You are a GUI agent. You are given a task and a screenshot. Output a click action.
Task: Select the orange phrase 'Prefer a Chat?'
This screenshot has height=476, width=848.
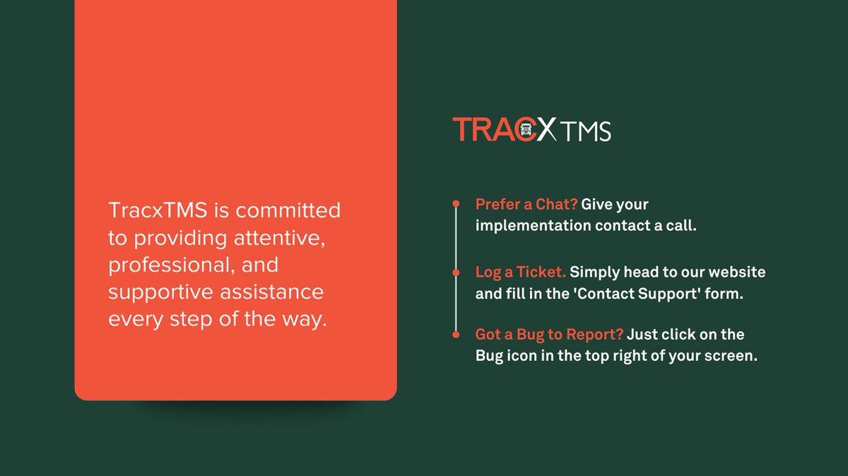(x=526, y=205)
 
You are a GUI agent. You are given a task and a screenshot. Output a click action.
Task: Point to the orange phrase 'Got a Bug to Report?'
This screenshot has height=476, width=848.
(x=549, y=335)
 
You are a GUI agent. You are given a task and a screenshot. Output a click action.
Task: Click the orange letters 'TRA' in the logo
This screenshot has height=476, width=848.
(x=483, y=130)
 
